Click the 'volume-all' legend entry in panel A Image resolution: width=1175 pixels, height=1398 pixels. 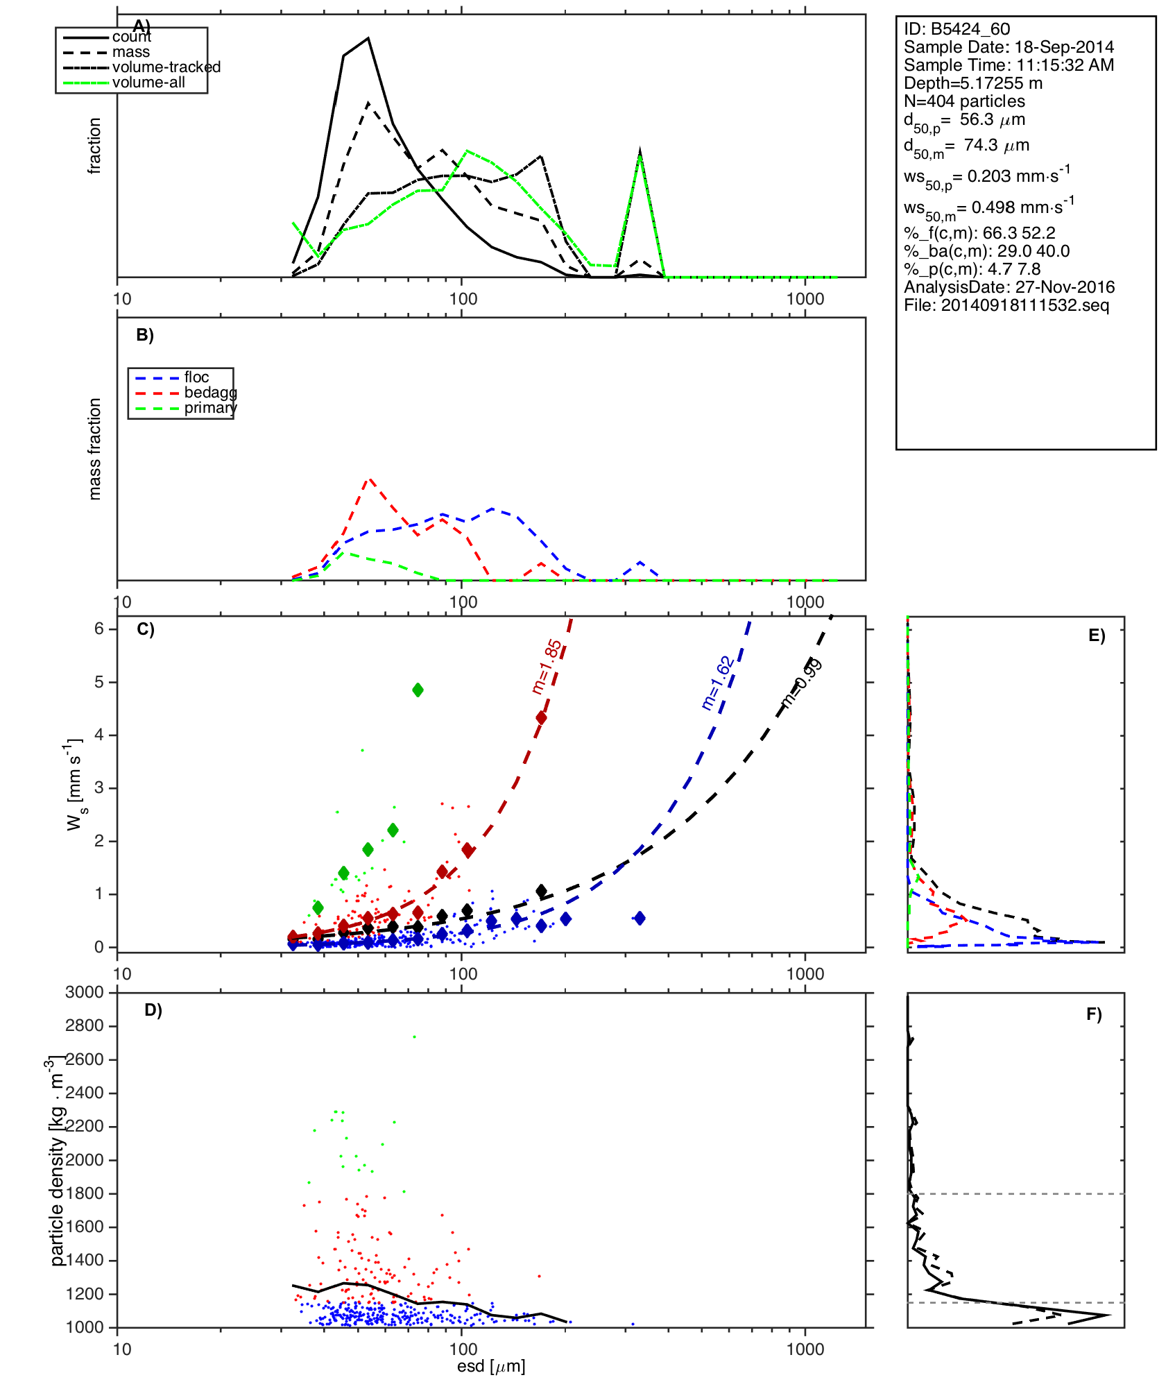148,83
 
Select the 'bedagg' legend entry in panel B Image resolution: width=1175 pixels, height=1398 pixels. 210,393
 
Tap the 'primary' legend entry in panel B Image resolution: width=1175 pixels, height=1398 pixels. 210,408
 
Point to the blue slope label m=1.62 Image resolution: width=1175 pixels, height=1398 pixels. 717,683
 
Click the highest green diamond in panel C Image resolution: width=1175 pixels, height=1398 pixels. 418,690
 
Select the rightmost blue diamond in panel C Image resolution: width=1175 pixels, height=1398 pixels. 640,918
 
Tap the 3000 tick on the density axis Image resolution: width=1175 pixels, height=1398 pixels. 85,992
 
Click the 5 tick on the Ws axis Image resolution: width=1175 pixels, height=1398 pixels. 99,682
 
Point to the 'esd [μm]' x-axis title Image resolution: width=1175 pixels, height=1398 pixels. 491,1366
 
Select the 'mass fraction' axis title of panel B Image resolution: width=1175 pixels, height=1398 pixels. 95,449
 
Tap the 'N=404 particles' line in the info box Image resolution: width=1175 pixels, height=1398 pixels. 964,101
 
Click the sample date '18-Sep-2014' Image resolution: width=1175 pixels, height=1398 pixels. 1064,47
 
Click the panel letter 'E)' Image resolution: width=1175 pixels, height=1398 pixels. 1097,636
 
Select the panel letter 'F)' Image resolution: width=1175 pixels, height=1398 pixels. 1094,1014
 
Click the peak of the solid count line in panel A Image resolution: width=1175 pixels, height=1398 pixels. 368,38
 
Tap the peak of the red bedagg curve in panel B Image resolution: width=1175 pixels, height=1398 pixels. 370,478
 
